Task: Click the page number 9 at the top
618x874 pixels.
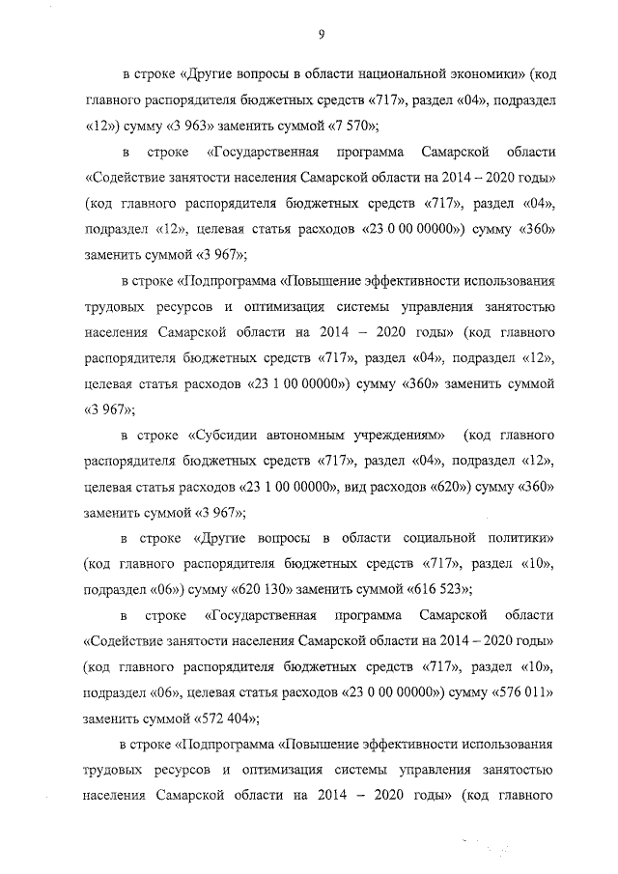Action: coord(319,36)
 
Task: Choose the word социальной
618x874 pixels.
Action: coord(439,537)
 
